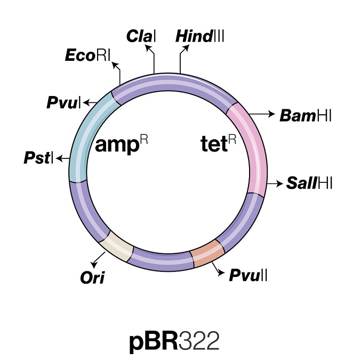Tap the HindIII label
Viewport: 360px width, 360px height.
pyautogui.click(x=200, y=36)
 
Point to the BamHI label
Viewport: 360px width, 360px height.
pyautogui.click(x=306, y=115)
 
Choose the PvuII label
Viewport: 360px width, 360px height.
pyautogui.click(x=249, y=275)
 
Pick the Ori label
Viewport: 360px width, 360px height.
pyautogui.click(x=90, y=277)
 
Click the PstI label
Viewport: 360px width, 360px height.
pyautogui.click(x=38, y=158)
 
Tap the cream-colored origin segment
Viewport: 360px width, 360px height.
pyautogui.click(x=118, y=247)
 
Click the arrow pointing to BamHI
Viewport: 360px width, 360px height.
pyautogui.click(x=261, y=114)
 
